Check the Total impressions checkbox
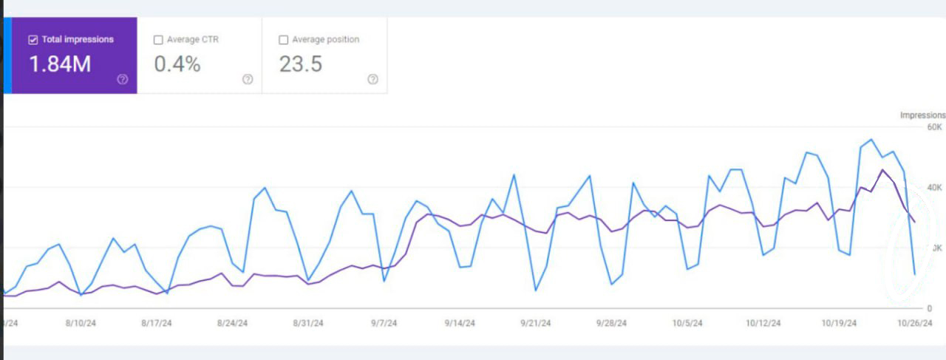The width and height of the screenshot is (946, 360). pos(33,40)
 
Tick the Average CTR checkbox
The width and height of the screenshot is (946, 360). pos(158,40)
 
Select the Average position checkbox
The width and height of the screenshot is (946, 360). pos(283,40)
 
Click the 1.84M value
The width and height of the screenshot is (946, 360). pos(60,64)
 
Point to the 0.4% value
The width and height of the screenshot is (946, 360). pos(177,64)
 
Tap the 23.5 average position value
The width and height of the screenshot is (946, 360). pos(301,64)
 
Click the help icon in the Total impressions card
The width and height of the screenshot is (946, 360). pos(123,80)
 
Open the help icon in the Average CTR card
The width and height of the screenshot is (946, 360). pos(248,80)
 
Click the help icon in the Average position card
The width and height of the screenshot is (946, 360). pos(372,80)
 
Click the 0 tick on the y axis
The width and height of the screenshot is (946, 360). pos(930,308)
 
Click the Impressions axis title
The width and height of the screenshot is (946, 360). pos(922,115)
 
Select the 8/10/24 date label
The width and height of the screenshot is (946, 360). pos(81,323)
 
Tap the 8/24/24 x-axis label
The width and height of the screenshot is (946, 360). pos(232,323)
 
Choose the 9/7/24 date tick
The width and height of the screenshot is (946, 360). pos(384,323)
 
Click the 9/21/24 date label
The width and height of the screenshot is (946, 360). pos(535,323)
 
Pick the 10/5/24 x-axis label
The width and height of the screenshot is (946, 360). pos(687,323)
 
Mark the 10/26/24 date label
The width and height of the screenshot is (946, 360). pos(915,323)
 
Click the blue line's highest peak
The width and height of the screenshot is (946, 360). pos(872,140)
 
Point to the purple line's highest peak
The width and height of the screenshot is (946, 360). pos(882,170)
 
